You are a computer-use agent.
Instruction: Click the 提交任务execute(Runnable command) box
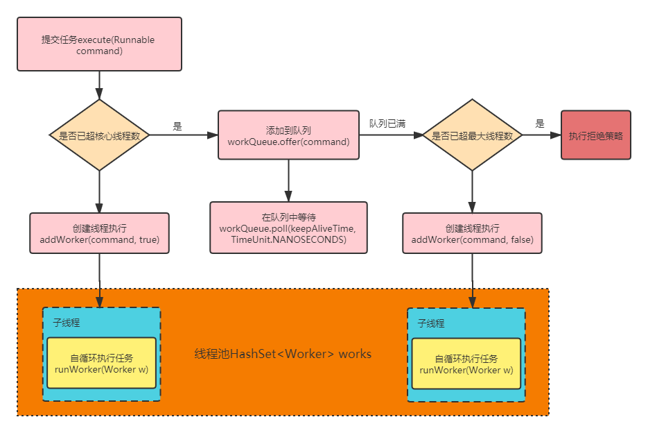point(99,44)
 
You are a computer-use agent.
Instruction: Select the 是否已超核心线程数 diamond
point(100,135)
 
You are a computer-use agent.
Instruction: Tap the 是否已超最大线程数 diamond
point(472,135)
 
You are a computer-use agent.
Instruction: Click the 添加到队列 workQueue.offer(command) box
point(288,135)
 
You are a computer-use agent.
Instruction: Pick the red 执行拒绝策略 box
point(596,135)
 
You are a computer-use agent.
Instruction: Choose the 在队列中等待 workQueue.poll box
point(288,228)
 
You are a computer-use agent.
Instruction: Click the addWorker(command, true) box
point(100,233)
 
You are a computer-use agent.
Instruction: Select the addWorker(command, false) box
point(472,233)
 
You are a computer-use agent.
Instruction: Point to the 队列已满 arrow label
point(387,124)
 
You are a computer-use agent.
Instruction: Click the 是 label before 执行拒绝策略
point(541,124)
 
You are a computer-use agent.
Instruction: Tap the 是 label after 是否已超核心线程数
point(177,126)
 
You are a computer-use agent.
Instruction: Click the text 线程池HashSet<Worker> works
point(283,354)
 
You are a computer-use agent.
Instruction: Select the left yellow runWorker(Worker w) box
point(101,364)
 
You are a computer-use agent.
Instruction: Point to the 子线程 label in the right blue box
point(430,323)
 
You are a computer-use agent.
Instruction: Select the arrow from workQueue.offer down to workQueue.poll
point(288,180)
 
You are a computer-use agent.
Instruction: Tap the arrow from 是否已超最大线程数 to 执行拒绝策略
point(541,135)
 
